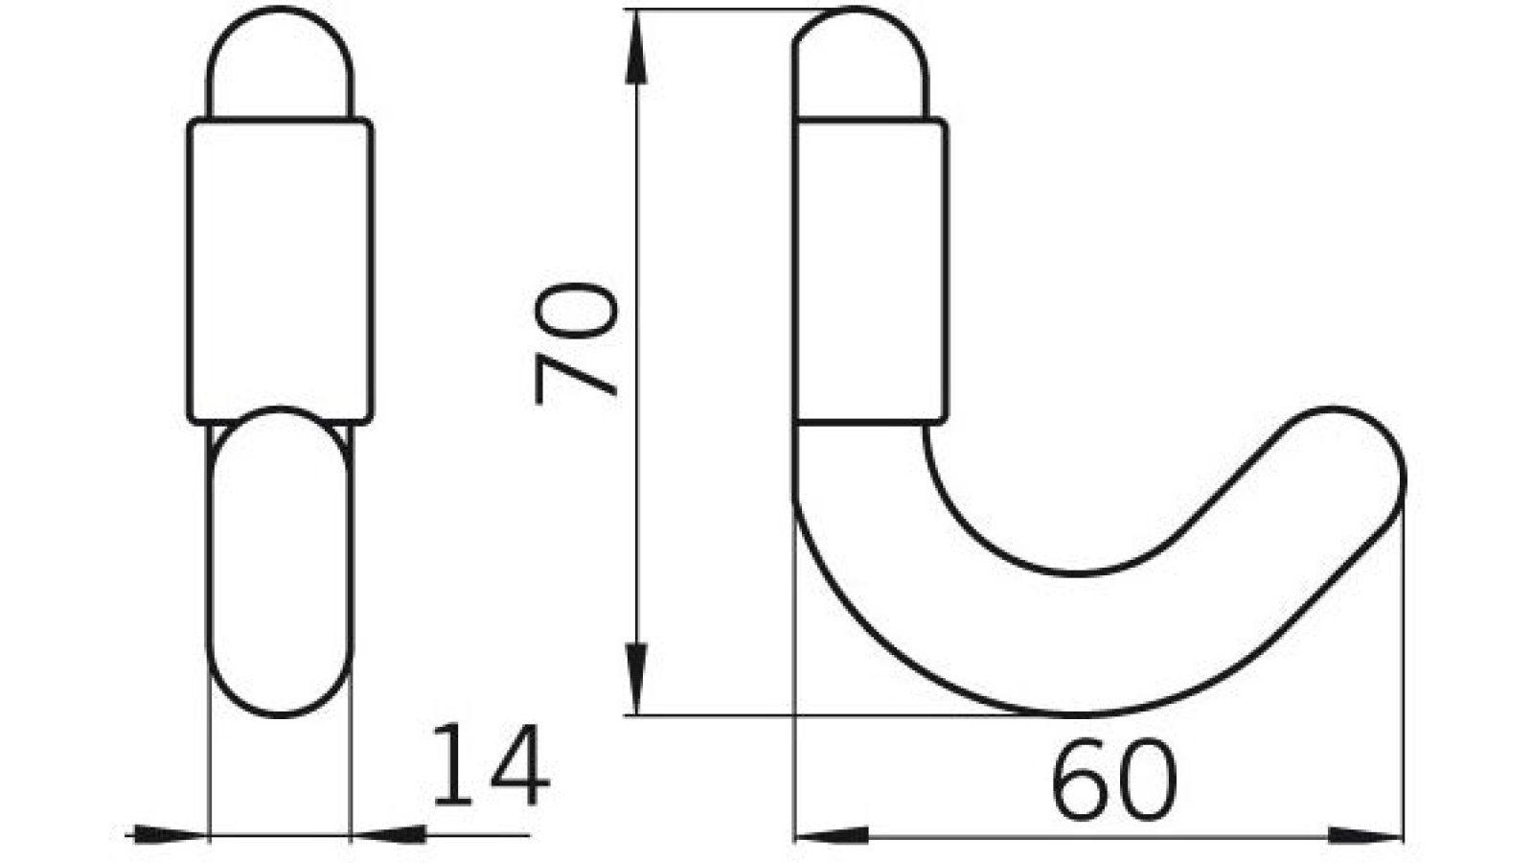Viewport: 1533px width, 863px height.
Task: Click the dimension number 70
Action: [576, 343]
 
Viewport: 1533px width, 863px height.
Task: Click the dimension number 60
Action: [1113, 780]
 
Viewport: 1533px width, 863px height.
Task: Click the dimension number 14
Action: [492, 764]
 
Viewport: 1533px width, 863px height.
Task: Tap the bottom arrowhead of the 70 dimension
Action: [636, 679]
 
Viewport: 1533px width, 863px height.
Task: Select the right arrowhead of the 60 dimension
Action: [1366, 835]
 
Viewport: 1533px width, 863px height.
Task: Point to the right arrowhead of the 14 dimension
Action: [388, 834]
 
